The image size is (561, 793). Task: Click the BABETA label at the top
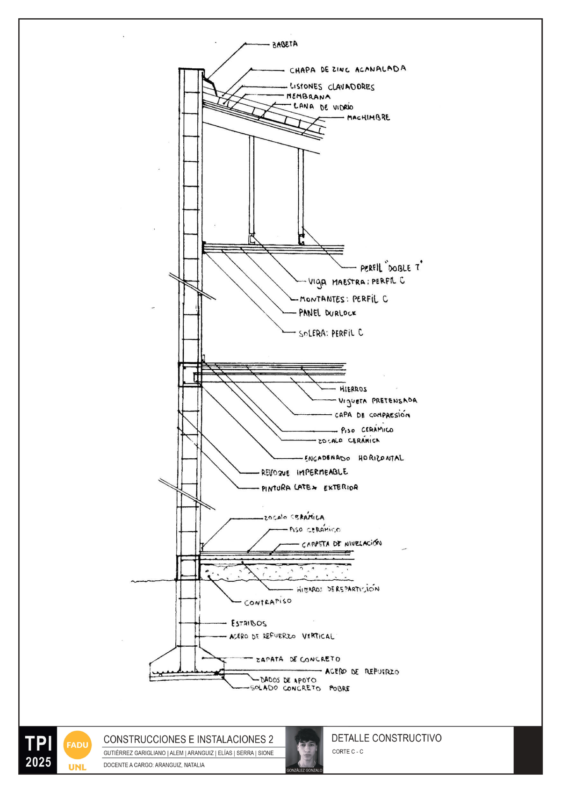(285, 44)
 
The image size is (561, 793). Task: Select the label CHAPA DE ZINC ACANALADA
(347, 70)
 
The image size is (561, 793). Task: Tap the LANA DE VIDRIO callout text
(323, 107)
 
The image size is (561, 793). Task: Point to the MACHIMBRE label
(368, 118)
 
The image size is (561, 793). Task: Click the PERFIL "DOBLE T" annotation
(391, 267)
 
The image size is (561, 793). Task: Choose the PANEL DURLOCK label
(327, 313)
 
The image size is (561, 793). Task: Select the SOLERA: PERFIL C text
(331, 333)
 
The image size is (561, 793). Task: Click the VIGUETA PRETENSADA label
(377, 401)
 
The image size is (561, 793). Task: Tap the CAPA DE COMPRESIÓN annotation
(372, 415)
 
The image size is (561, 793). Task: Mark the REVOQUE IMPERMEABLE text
(304, 472)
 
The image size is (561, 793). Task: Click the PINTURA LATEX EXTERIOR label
(309, 488)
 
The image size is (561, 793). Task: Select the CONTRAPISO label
(267, 602)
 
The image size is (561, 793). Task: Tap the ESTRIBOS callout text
(249, 623)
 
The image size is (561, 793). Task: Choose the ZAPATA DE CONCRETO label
(298, 659)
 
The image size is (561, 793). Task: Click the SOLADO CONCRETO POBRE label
(300, 688)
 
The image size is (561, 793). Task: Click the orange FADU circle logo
(77, 744)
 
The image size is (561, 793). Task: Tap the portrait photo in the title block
(304, 749)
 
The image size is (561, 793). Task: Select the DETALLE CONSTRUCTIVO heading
(386, 738)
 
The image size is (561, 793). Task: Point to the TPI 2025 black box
(38, 750)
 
